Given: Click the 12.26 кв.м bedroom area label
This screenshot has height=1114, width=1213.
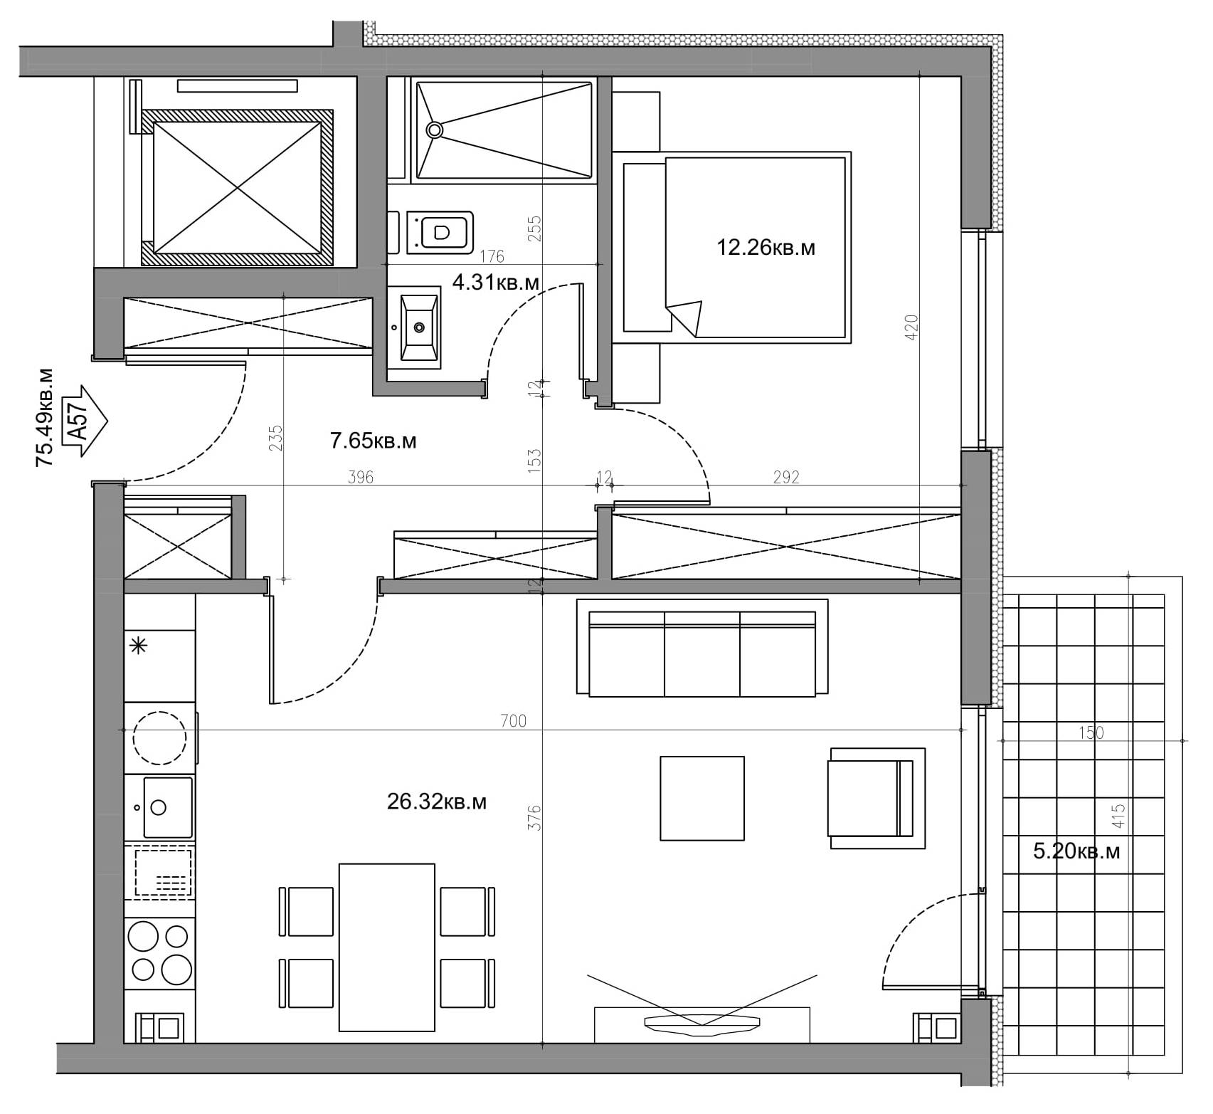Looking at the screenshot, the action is (x=766, y=248).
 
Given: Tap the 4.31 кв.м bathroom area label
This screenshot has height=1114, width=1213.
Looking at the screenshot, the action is (x=496, y=283).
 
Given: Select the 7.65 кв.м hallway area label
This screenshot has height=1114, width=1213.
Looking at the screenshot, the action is (x=374, y=441).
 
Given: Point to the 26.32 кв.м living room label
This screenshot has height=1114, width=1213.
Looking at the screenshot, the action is (x=437, y=802).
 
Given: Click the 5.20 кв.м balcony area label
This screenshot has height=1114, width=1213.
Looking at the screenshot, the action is (x=1076, y=851).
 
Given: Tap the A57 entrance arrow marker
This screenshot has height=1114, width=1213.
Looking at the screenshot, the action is (x=84, y=421).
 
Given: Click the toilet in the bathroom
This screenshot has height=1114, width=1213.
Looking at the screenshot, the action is (x=440, y=231).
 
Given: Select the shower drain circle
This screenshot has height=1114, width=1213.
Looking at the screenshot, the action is (x=435, y=130).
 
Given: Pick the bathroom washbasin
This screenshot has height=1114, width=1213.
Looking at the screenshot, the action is (x=419, y=328).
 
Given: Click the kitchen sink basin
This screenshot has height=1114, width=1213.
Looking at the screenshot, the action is (x=168, y=807).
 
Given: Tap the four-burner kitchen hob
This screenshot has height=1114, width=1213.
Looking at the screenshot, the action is (x=161, y=952).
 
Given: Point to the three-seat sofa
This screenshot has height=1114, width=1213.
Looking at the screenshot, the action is (x=702, y=647).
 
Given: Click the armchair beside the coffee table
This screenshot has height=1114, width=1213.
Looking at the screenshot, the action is (x=877, y=798).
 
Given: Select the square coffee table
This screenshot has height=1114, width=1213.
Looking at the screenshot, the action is (x=702, y=798).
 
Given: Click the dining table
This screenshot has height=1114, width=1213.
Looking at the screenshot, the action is (x=386, y=947).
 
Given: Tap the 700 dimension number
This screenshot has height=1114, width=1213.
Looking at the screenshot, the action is (x=513, y=721).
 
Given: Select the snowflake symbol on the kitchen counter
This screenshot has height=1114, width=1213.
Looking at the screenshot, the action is (x=138, y=646).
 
